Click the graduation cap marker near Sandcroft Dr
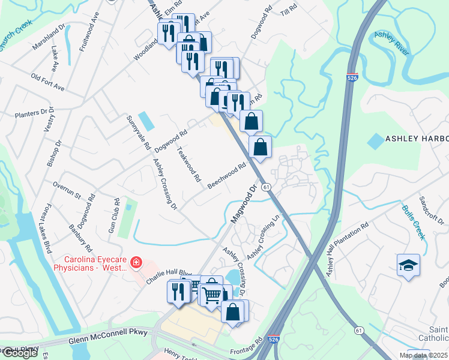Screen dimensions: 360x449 coord(408,265)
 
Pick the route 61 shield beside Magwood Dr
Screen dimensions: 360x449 coord(266,187)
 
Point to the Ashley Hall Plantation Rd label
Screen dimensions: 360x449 coord(347,251)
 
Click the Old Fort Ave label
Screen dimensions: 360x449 coord(47,83)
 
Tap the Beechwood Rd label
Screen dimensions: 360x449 coord(228,176)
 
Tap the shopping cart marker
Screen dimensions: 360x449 coord(211,294)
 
